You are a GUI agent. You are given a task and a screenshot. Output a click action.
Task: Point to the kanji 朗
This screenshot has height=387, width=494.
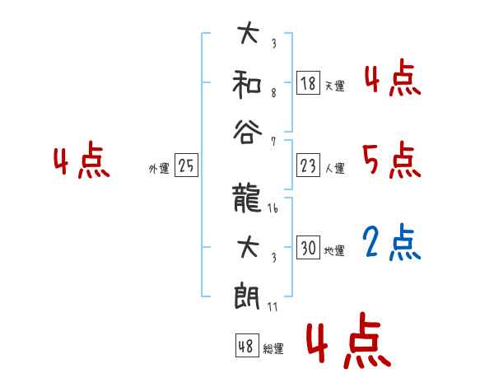pyautogui.click(x=248, y=294)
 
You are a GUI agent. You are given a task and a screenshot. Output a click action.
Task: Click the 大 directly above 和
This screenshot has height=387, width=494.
pyautogui.click(x=248, y=35)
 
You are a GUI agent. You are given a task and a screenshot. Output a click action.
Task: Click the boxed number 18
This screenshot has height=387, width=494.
pyautogui.click(x=308, y=82)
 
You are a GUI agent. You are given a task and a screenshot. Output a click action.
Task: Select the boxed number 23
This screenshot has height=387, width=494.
pyautogui.click(x=308, y=166)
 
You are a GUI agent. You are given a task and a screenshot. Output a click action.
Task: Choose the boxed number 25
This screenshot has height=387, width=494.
pyautogui.click(x=186, y=166)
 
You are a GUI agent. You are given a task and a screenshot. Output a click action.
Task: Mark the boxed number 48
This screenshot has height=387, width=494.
pyautogui.click(x=246, y=346)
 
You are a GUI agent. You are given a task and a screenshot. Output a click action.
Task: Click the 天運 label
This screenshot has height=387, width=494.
pyautogui.click(x=334, y=86)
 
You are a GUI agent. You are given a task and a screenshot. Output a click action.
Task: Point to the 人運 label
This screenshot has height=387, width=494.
pyautogui.click(x=334, y=169)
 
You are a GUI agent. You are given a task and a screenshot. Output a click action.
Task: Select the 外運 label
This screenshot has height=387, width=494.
pyautogui.click(x=158, y=169)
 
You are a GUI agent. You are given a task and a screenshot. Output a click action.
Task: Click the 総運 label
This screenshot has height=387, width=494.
pyautogui.click(x=273, y=348)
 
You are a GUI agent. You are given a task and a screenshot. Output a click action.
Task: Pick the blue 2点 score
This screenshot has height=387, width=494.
pyautogui.click(x=392, y=241)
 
